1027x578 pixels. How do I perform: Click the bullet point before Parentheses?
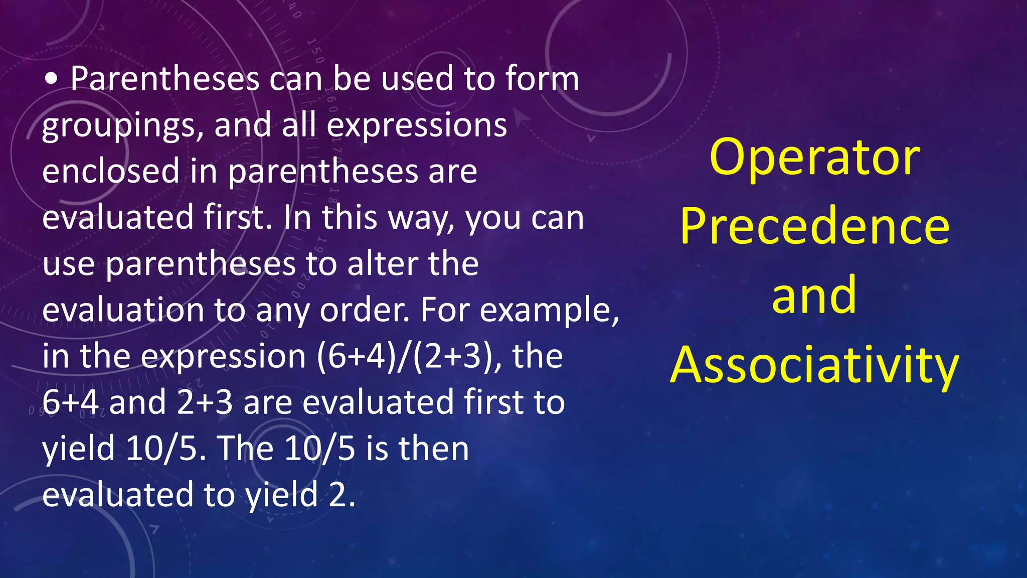coord(51,79)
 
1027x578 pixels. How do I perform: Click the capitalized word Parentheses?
coord(164,79)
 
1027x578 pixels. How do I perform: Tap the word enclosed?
coord(110,171)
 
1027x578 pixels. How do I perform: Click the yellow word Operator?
coord(814,157)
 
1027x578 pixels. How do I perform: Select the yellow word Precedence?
coord(814,226)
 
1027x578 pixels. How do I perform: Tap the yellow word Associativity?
coord(814,365)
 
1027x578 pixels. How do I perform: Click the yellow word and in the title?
coord(814,296)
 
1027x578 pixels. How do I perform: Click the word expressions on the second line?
coord(417,125)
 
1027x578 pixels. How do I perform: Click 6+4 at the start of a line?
coord(70,402)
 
